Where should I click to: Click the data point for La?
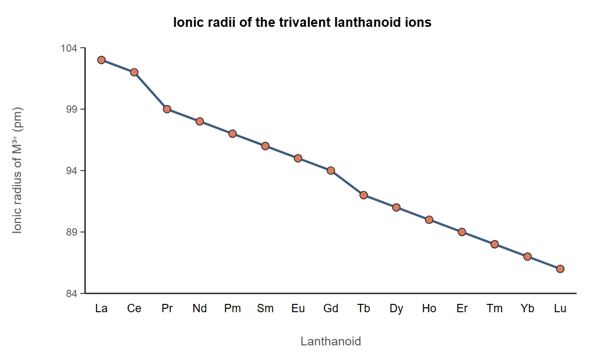[x=101, y=60]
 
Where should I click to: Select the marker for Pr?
[x=167, y=109]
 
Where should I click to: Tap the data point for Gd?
[x=331, y=170]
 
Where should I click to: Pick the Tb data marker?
[x=363, y=195]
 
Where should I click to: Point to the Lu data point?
[x=560, y=269]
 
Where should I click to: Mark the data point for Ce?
[x=134, y=72]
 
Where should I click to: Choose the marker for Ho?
[x=429, y=220]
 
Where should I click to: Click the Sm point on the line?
[x=265, y=146]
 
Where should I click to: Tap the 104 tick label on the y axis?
[x=69, y=48]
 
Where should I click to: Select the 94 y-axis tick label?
[x=72, y=171]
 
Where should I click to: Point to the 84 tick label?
[x=72, y=294]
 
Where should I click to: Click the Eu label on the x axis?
[x=298, y=308]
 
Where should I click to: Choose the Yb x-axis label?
[x=527, y=308]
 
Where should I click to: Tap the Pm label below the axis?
[x=233, y=308]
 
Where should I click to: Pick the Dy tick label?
[x=396, y=309]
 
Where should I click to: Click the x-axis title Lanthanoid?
[x=331, y=341]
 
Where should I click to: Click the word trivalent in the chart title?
[x=304, y=22]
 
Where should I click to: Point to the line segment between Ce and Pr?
[x=150, y=91]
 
